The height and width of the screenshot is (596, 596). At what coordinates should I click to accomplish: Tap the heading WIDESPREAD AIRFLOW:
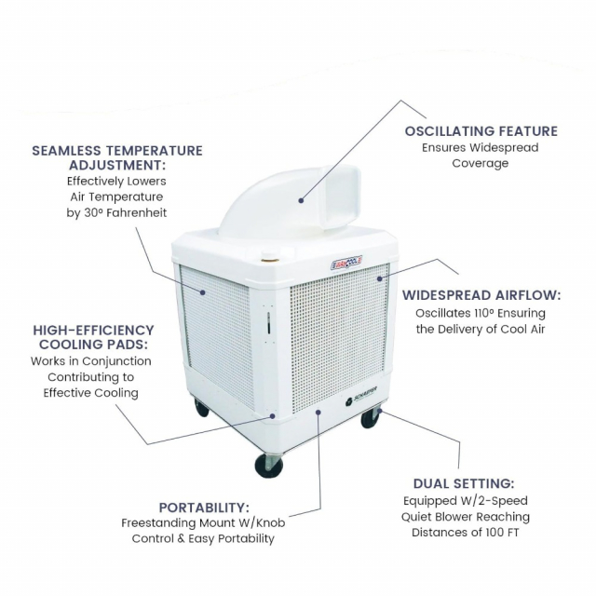click(481, 295)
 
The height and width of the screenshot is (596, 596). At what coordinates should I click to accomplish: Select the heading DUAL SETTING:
click(464, 483)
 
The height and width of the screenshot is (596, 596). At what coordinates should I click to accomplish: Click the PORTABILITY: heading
click(203, 508)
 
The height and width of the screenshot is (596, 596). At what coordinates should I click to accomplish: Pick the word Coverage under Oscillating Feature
click(480, 164)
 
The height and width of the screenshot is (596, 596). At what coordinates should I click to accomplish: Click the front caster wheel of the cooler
click(268, 465)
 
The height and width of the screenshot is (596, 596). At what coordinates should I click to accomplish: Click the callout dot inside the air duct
click(301, 198)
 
